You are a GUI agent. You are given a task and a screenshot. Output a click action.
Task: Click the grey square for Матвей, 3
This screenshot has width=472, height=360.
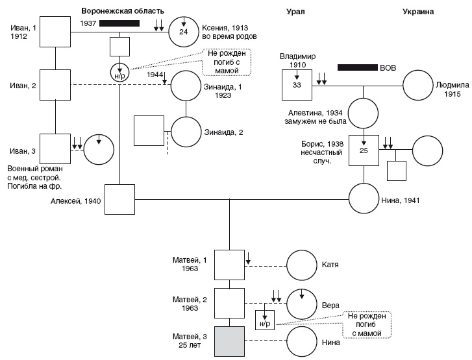pyautogui.click(x=229, y=341)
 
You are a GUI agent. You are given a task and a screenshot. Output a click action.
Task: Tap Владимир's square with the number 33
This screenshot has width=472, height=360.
pyautogui.click(x=296, y=85)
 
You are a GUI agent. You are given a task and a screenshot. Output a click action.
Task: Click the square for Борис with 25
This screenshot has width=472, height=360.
pyautogui.click(x=364, y=151)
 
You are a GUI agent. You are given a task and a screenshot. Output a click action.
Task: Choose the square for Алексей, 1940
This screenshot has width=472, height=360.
pyautogui.click(x=120, y=200)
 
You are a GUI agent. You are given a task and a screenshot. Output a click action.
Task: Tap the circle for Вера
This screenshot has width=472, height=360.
pyautogui.click(x=302, y=302)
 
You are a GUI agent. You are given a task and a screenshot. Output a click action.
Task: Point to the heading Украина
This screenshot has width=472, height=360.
pyautogui.click(x=417, y=11)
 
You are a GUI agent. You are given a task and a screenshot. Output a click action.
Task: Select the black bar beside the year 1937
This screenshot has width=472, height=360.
pyautogui.click(x=119, y=23)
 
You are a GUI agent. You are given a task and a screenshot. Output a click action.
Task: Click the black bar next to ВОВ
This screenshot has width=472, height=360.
pyautogui.click(x=357, y=67)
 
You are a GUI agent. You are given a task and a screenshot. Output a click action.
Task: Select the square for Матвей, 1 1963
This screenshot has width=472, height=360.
pyautogui.click(x=229, y=265)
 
